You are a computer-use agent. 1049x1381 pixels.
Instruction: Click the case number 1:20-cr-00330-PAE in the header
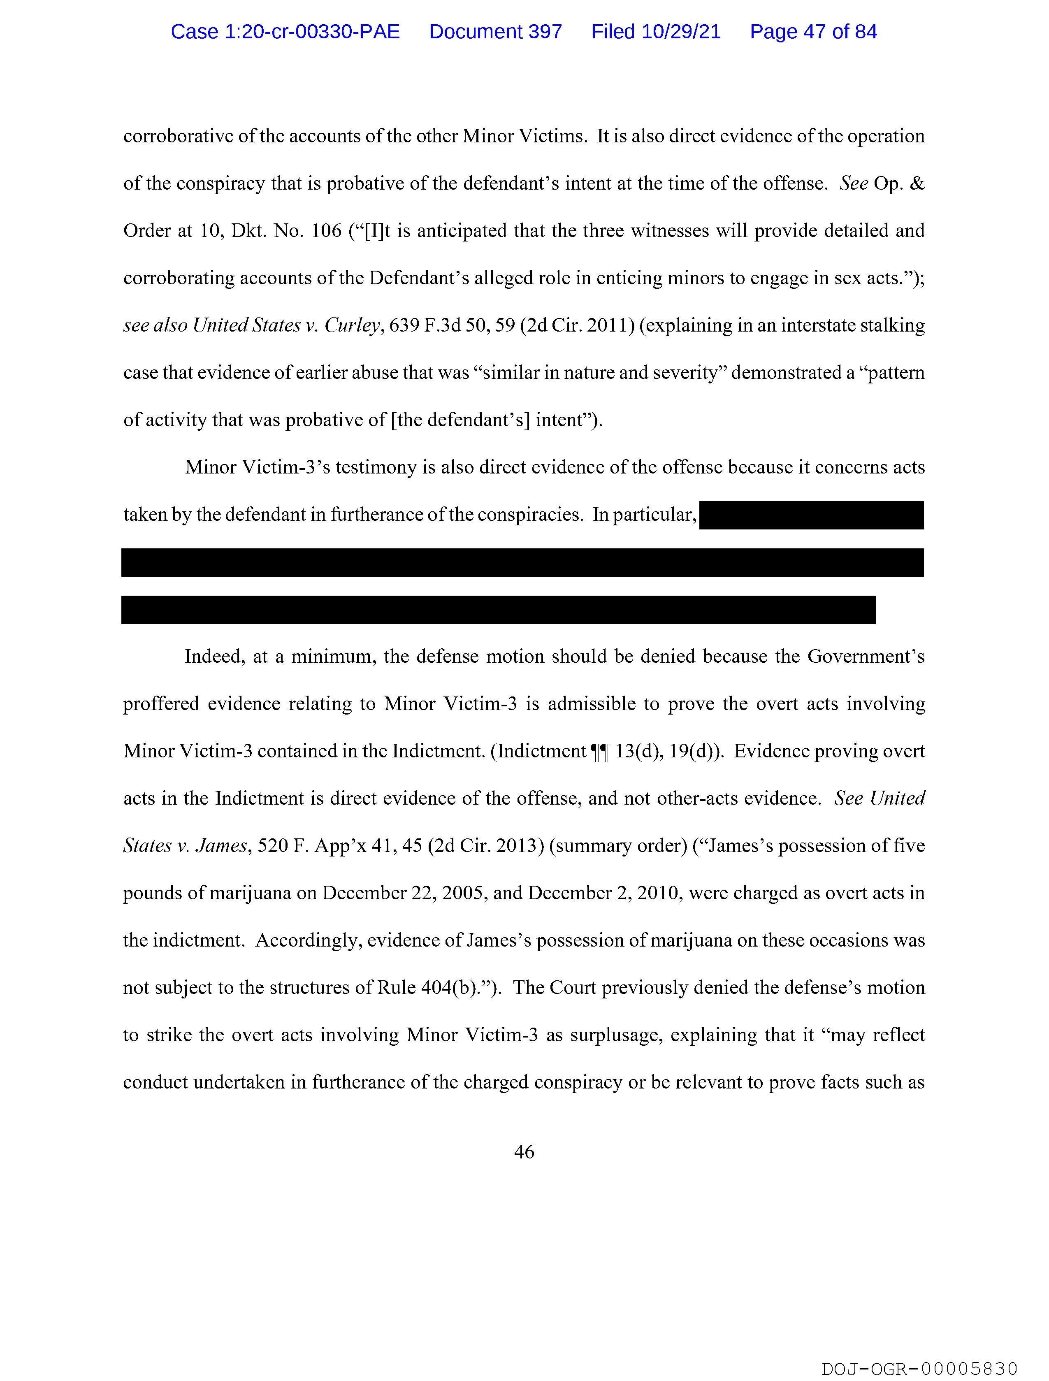click(285, 32)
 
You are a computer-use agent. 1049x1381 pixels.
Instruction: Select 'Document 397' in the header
click(495, 32)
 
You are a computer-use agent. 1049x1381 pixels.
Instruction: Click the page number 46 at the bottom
click(524, 1152)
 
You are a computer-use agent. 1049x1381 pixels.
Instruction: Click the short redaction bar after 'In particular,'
click(811, 515)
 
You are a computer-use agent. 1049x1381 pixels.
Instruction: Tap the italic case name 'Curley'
click(352, 325)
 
